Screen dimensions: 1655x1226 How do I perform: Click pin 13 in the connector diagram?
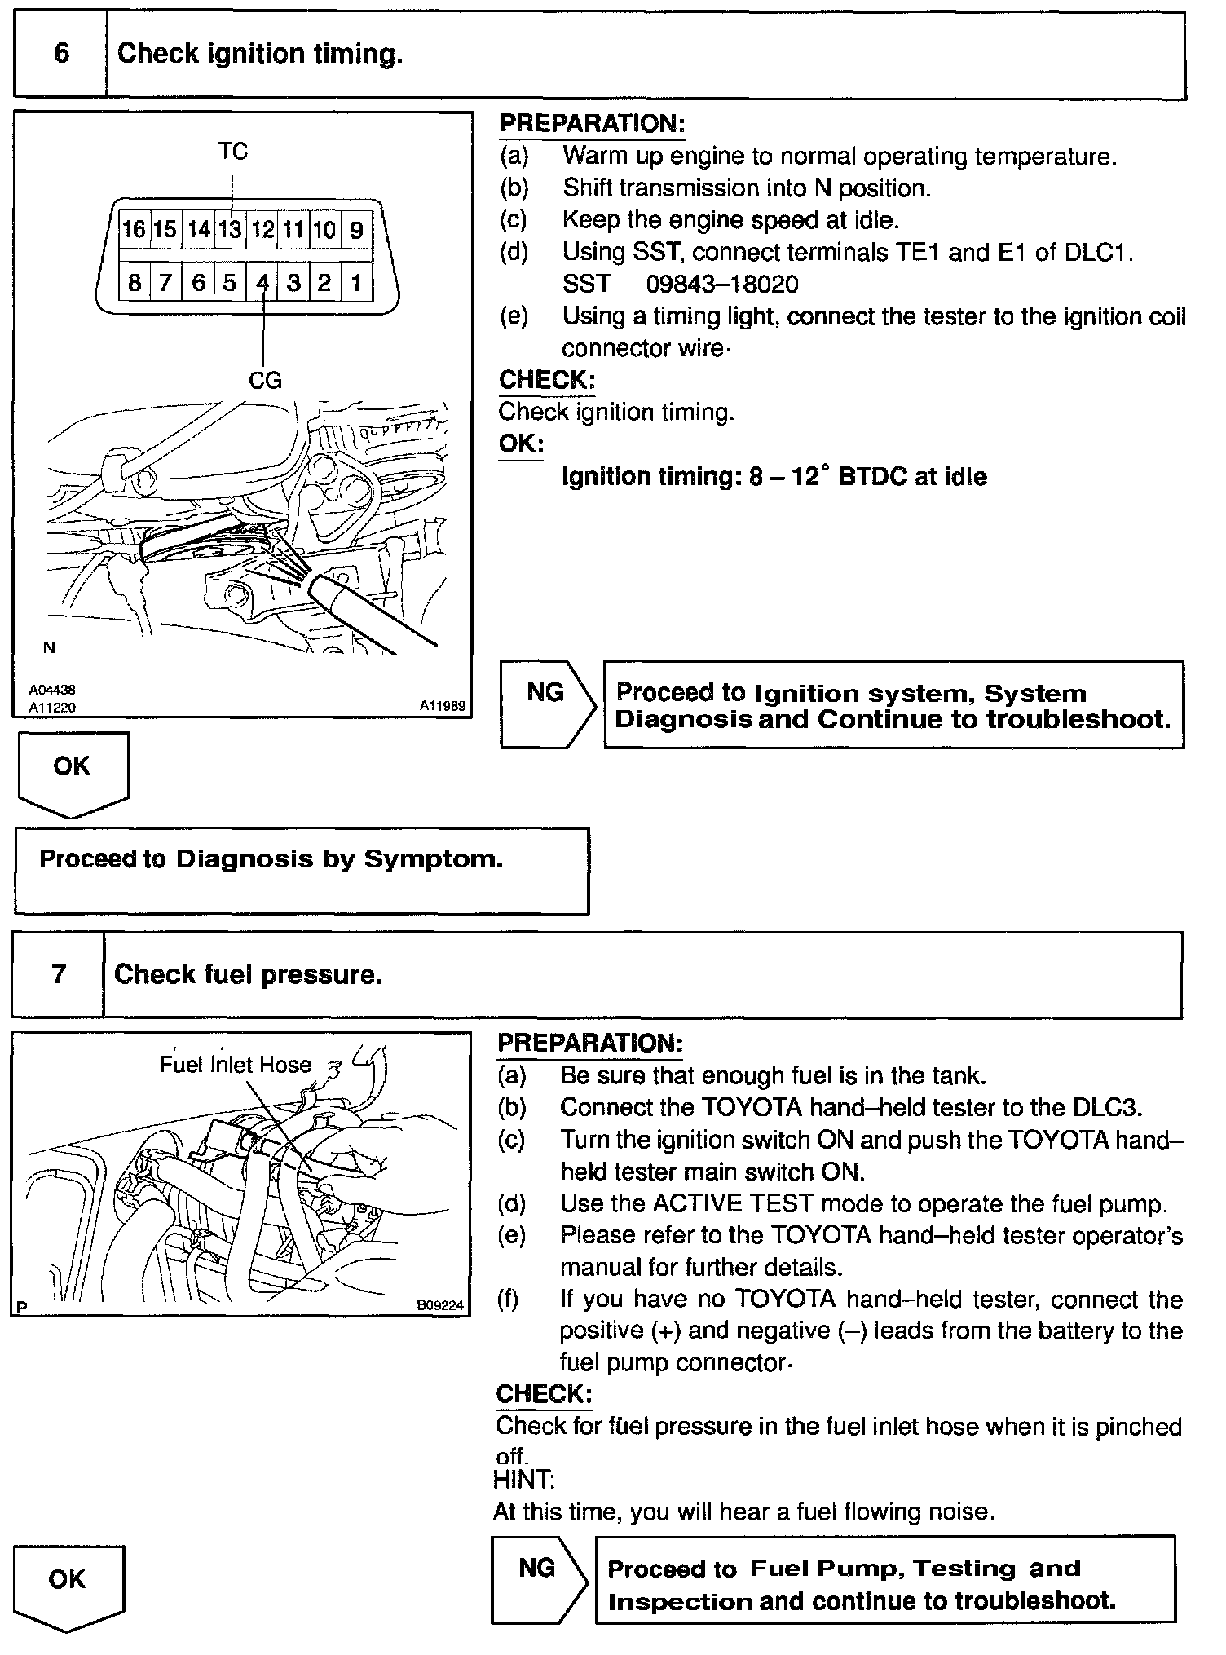click(231, 230)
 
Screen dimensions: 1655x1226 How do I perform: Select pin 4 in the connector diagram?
click(262, 283)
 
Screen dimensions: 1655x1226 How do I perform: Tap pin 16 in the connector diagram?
click(134, 230)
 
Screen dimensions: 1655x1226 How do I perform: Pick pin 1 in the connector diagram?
click(356, 283)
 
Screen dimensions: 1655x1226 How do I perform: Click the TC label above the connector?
click(232, 152)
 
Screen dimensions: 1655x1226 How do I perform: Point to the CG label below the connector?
click(264, 380)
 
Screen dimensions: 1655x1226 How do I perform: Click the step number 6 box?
click(61, 55)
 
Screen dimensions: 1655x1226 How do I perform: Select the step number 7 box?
click(59, 974)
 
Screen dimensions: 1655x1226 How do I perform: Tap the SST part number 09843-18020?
click(722, 285)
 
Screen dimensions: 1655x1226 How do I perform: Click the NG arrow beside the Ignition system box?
click(547, 703)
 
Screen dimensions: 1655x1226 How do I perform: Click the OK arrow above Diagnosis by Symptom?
click(72, 770)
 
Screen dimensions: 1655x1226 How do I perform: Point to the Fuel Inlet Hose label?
click(235, 1065)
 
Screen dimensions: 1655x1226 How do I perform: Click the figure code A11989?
click(443, 706)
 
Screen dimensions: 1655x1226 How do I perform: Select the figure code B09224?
click(440, 1305)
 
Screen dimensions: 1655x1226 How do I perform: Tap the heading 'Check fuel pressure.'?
click(249, 975)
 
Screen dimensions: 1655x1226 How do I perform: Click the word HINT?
click(523, 1478)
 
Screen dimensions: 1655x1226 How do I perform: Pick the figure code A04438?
click(52, 690)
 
